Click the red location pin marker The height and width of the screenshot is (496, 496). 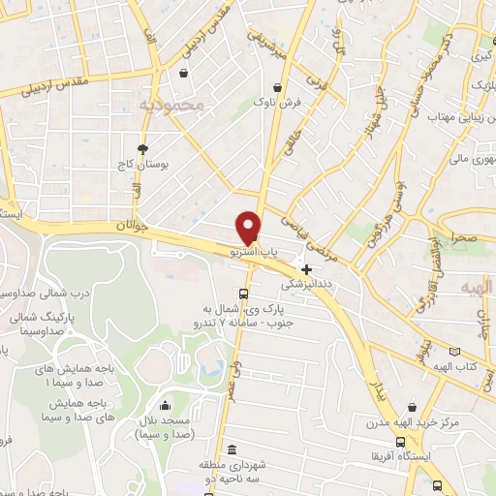[x=249, y=227]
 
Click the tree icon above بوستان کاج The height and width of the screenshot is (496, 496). [x=143, y=148]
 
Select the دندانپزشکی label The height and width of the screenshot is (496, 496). [x=307, y=286]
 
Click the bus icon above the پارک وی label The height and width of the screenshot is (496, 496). [x=243, y=294]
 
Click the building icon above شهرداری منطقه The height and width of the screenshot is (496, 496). [x=231, y=449]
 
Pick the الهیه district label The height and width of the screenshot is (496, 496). [x=476, y=288]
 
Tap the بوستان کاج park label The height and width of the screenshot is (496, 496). [x=143, y=166]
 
